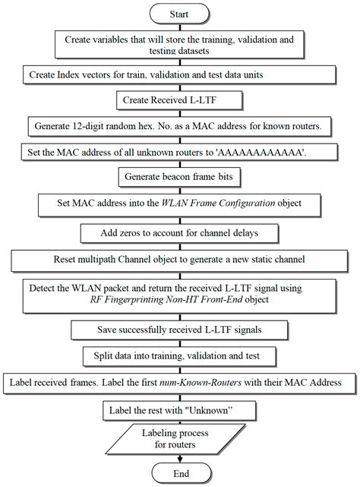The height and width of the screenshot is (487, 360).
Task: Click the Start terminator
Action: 180,13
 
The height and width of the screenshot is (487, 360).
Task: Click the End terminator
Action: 180,474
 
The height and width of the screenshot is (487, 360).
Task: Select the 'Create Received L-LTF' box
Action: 180,99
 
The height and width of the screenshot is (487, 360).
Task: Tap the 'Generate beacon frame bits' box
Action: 180,176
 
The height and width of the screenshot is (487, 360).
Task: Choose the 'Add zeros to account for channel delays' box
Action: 180,231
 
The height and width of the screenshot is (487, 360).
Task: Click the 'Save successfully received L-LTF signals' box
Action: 180,330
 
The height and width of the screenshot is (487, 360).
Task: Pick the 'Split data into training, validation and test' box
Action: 180,355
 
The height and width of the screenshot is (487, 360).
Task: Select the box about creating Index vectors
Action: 180,76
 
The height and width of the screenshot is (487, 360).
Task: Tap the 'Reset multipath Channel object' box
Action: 180,259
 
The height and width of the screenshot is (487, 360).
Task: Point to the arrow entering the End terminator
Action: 180,459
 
